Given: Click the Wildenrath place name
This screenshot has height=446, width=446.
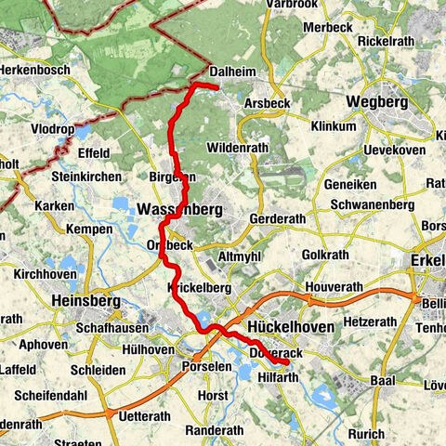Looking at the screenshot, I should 239,148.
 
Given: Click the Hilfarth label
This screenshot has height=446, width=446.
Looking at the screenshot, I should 280,378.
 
